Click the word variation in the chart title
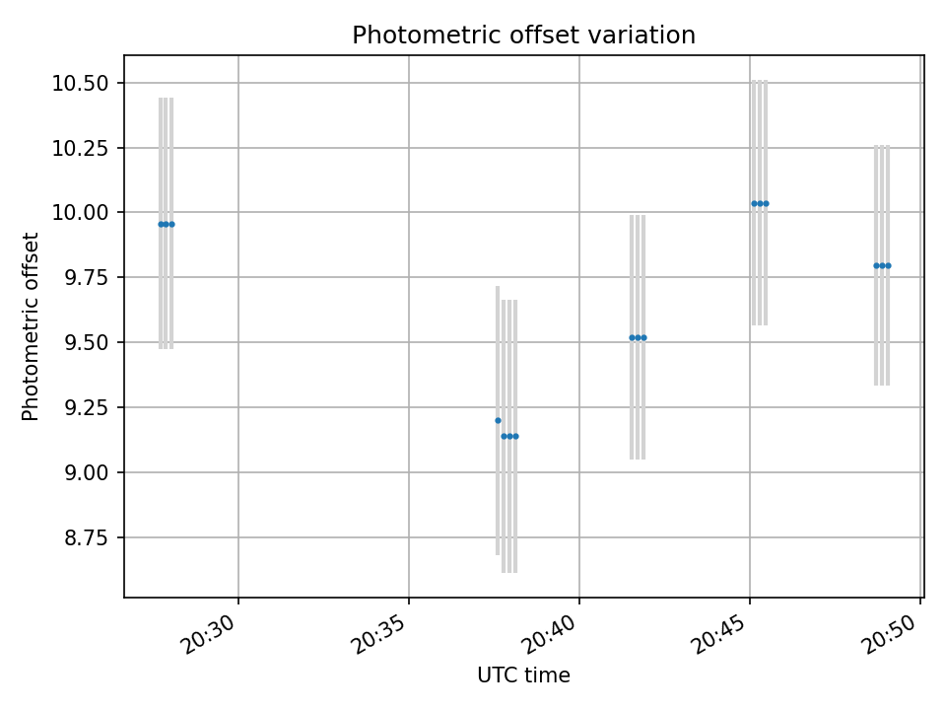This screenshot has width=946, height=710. pyautogui.click(x=648, y=35)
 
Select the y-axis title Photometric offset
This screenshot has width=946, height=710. pyautogui.click(x=31, y=326)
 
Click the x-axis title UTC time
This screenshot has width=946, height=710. pyautogui.click(x=523, y=675)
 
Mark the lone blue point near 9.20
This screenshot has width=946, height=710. pyautogui.click(x=498, y=420)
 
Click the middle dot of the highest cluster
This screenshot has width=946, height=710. pyautogui.click(x=760, y=203)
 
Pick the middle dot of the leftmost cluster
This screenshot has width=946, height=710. pyautogui.click(x=166, y=224)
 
